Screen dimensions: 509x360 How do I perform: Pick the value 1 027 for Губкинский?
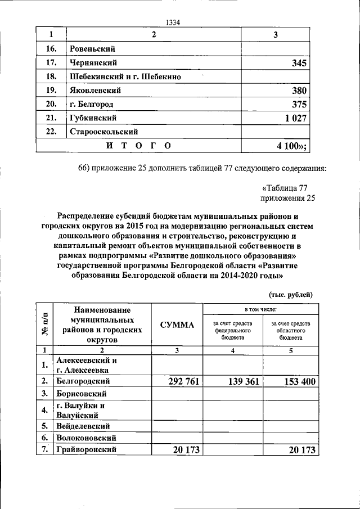click(x=294, y=118)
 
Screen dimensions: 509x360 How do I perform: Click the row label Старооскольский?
click(x=104, y=132)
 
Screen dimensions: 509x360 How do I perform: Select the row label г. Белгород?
click(x=92, y=105)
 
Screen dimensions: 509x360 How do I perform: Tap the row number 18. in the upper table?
click(x=51, y=77)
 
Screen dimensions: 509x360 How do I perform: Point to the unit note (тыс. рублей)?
click(x=290, y=294)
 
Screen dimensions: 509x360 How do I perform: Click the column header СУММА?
click(x=177, y=325)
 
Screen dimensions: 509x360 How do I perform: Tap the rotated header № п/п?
click(x=44, y=325)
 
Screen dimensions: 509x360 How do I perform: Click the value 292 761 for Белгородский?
click(x=177, y=381)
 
